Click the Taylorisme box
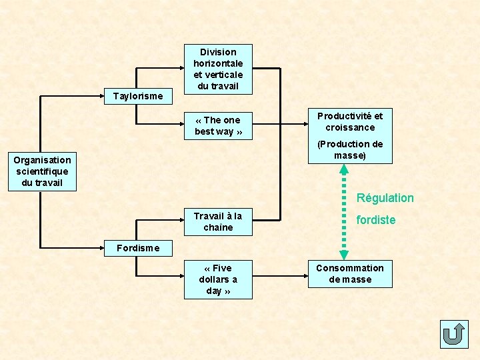pyautogui.click(x=138, y=96)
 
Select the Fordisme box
pyautogui.click(x=138, y=248)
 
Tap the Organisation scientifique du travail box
pyautogui.click(x=42, y=171)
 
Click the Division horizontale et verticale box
pyautogui.click(x=218, y=69)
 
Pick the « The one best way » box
pyautogui.click(x=218, y=125)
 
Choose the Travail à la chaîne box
pyautogui.click(x=218, y=221)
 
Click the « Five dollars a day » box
pyautogui.click(x=218, y=279)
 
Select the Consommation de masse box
pyautogui.click(x=350, y=273)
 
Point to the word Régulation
pyautogui.click(x=385, y=198)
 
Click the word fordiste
pyautogui.click(x=376, y=220)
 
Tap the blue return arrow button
pyautogui.click(x=454, y=334)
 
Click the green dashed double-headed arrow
pyautogui.click(x=344, y=211)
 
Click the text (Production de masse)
pyautogui.click(x=350, y=149)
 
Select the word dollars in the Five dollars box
pyautogui.click(x=218, y=279)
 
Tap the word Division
pyautogui.click(x=218, y=52)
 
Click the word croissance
pyautogui.click(x=350, y=127)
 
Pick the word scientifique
pyautogui.click(x=42, y=171)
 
